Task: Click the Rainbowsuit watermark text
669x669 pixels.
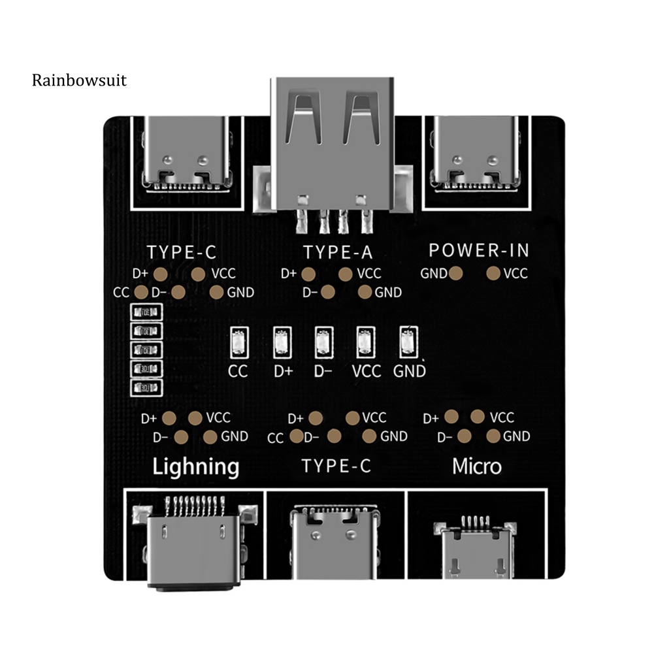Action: pyautogui.click(x=79, y=80)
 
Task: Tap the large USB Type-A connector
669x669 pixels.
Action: pyautogui.click(x=334, y=144)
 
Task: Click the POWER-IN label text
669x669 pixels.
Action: pyautogui.click(x=479, y=250)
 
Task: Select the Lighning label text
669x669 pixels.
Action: pyautogui.click(x=195, y=466)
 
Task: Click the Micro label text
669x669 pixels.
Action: pyautogui.click(x=477, y=466)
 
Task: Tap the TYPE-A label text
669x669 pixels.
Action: pyautogui.click(x=338, y=252)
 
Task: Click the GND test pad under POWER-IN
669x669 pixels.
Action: pyautogui.click(x=457, y=273)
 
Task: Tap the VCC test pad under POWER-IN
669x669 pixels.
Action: pyautogui.click(x=494, y=272)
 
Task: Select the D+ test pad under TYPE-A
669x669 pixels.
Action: pyautogui.click(x=309, y=274)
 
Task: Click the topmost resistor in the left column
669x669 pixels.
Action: pyautogui.click(x=145, y=312)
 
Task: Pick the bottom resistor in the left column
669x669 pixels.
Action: pyautogui.click(x=145, y=387)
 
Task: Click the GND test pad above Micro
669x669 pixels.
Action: pyautogui.click(x=493, y=436)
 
